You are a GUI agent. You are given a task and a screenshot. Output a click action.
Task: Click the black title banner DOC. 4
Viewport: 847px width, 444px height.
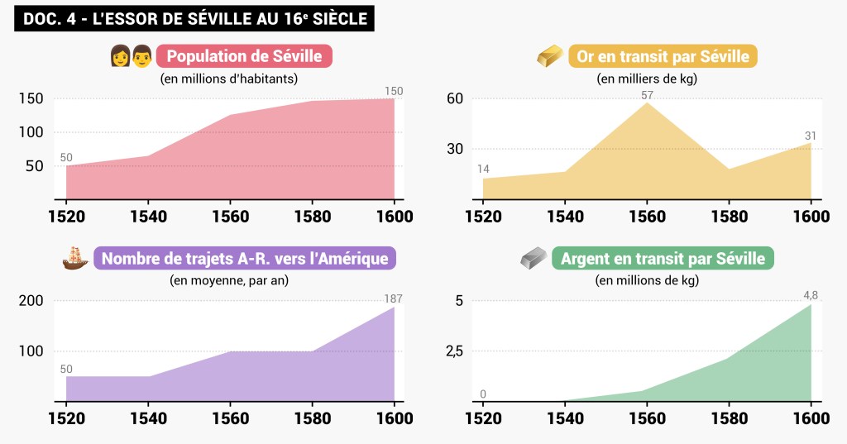tap(194, 18)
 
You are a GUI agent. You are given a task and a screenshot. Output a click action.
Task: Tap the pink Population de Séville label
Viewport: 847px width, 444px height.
tap(244, 57)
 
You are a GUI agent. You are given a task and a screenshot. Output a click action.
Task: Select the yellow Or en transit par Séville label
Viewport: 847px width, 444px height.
tap(663, 57)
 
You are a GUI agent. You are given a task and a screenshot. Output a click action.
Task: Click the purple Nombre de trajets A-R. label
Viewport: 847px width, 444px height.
tap(244, 259)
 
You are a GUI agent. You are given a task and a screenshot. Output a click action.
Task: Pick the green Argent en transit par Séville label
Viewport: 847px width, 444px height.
tap(663, 259)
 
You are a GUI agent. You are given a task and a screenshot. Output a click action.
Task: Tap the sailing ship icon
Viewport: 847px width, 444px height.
tap(74, 259)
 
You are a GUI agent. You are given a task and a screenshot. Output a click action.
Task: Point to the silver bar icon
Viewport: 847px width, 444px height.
tap(534, 259)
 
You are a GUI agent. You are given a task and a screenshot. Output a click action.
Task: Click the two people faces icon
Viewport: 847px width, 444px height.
tap(132, 57)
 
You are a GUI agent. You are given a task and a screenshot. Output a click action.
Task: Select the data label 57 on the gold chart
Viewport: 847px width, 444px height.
tap(647, 95)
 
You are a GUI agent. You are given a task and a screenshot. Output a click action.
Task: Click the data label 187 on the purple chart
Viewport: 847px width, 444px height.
tap(394, 298)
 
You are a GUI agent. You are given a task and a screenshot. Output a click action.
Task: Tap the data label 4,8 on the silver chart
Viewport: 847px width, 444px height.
tap(811, 295)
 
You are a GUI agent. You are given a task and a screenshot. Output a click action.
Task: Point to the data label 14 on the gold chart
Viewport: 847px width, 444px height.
tap(483, 169)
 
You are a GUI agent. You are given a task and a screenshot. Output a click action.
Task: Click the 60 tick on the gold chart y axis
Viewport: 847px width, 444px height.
tap(454, 98)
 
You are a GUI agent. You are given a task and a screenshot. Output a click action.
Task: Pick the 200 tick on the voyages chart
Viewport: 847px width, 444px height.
tap(31, 301)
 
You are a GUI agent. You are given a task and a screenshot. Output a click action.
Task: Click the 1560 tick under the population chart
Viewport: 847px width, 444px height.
tap(230, 217)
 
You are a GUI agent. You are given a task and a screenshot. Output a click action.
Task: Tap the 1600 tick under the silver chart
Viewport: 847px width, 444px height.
tap(811, 419)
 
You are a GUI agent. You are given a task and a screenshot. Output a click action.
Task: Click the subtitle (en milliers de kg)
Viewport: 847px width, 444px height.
tap(647, 79)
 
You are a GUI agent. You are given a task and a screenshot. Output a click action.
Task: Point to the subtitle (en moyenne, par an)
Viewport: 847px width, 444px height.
tap(229, 280)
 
